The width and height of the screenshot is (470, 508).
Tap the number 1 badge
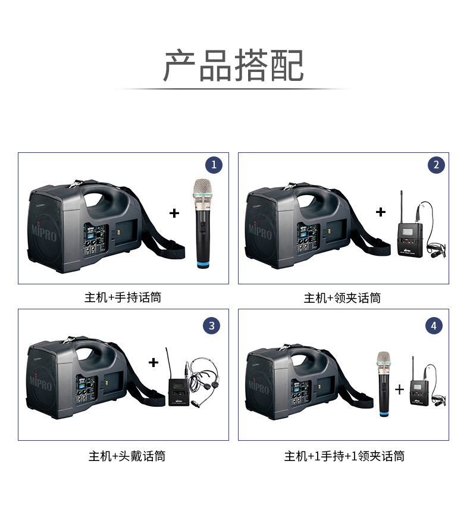click(214, 165)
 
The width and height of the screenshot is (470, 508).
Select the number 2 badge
click(436, 165)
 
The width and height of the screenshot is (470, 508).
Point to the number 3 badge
click(212, 325)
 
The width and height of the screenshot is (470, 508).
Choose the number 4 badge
click(434, 325)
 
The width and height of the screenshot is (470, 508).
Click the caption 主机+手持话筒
click(123, 297)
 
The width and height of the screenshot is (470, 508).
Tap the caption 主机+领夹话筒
click(342, 298)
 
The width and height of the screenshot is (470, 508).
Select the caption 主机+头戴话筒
click(127, 456)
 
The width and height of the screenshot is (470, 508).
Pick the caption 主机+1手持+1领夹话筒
click(344, 456)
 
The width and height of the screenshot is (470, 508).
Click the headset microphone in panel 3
click(203, 379)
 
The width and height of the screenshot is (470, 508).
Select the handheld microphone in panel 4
click(384, 384)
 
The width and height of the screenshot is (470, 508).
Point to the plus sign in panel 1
click(174, 213)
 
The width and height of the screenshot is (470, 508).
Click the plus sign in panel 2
click(381, 212)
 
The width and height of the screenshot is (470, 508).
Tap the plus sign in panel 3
click(153, 362)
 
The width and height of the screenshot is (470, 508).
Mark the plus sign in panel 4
click(400, 389)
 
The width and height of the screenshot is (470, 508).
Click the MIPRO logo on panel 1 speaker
click(44, 231)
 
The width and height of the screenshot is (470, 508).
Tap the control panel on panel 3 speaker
click(86, 390)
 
